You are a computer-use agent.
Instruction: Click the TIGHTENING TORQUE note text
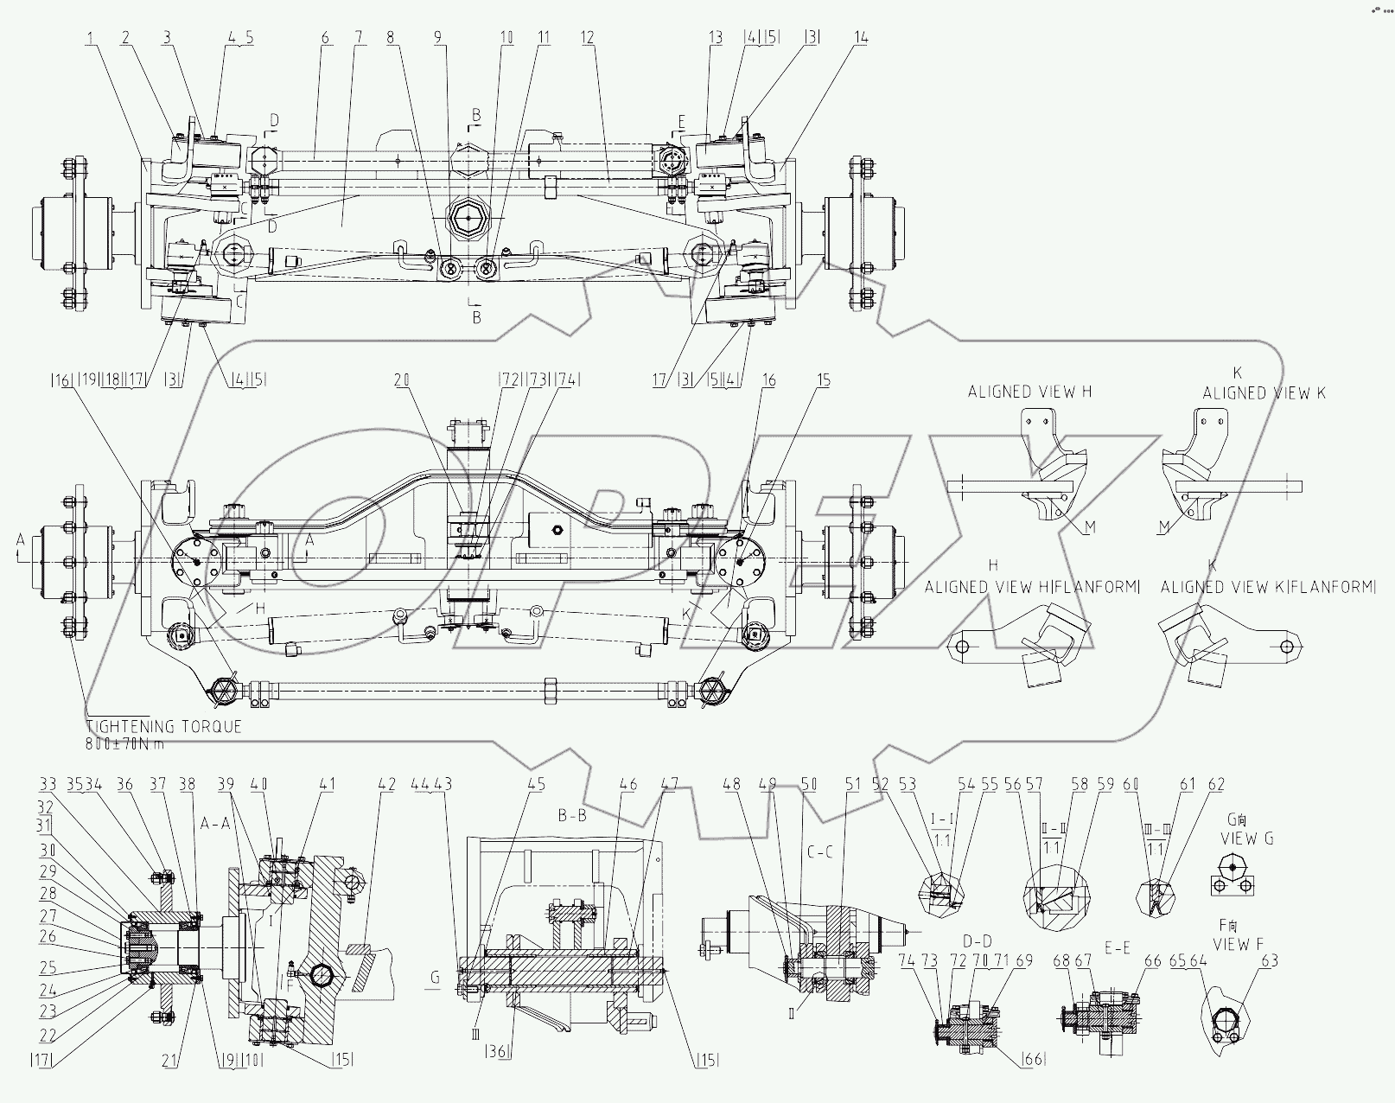tap(164, 727)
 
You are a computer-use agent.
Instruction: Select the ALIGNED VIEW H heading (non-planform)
tap(1029, 392)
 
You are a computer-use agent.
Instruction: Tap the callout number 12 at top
tap(588, 37)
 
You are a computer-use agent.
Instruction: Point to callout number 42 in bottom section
tap(386, 785)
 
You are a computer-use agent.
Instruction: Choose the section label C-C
tap(819, 851)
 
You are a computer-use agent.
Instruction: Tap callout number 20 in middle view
tap(401, 379)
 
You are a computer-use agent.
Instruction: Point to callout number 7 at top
tap(359, 37)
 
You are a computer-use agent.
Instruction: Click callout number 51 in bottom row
tap(853, 785)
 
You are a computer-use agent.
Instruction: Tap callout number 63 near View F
tap(1269, 960)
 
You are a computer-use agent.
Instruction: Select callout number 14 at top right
tap(861, 37)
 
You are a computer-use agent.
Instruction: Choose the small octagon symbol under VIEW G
tap(1232, 867)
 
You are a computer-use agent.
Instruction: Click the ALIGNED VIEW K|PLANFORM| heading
tap(1267, 588)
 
